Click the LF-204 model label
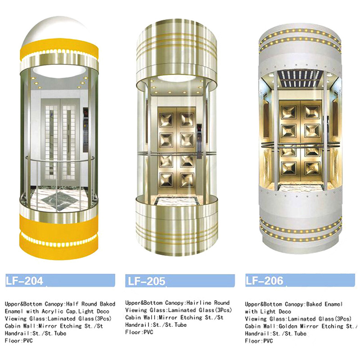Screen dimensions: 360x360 tap(24, 280)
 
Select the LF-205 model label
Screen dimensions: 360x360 tap(146, 281)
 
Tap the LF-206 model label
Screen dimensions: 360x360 tap(264, 280)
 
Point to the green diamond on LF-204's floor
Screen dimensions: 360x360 tap(58, 201)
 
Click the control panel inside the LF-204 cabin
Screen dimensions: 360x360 tap(85, 129)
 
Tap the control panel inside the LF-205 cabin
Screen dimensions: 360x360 tap(199, 141)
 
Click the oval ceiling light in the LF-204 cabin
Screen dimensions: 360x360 tap(60, 71)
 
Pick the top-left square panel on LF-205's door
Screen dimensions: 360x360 tap(166, 120)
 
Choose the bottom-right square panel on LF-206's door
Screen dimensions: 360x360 tap(312, 168)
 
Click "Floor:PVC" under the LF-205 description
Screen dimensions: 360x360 tap(139, 332)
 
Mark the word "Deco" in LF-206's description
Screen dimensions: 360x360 tap(285, 311)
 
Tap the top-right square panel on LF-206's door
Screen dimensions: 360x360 tap(312, 112)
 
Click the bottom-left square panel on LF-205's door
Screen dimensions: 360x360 tap(166, 180)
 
